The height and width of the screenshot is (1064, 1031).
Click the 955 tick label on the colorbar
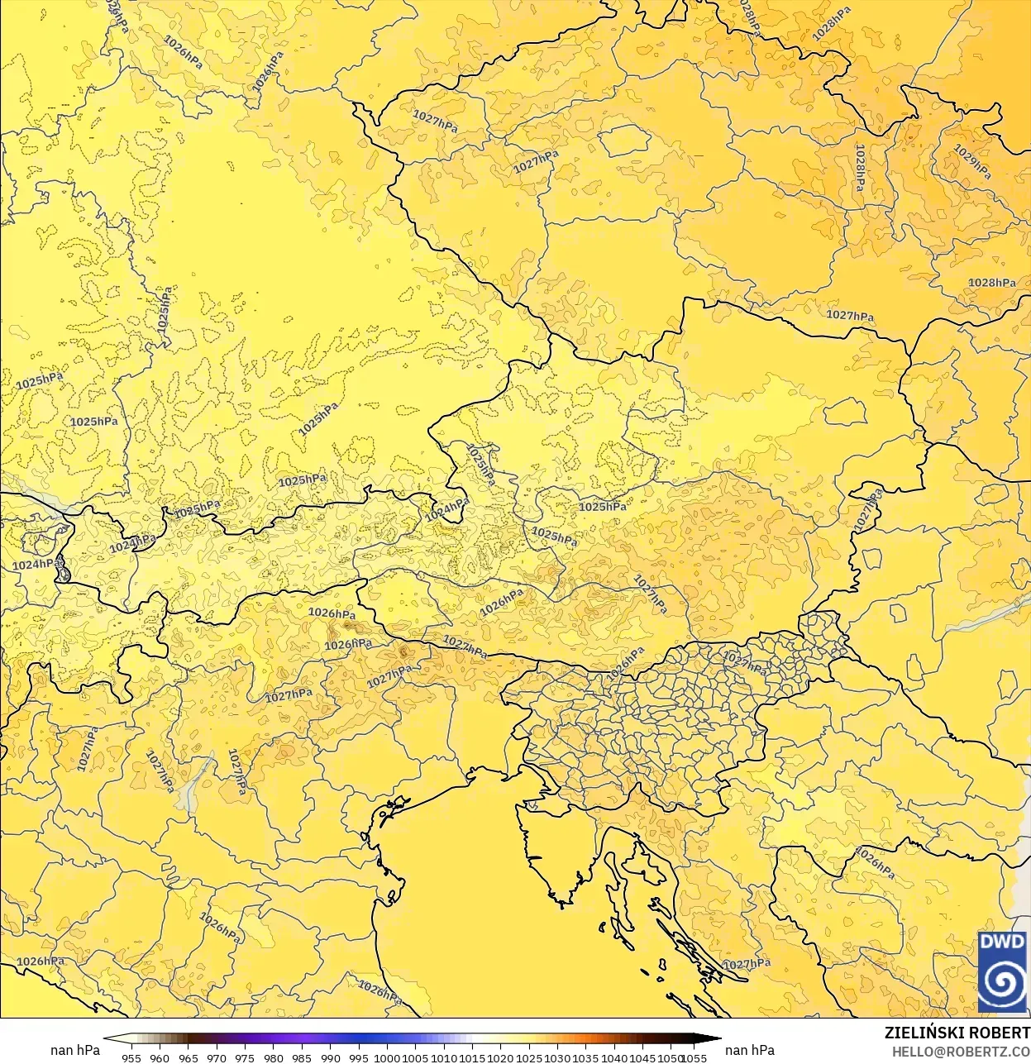coord(131,1057)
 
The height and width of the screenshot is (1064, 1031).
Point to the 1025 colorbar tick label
coord(529,1057)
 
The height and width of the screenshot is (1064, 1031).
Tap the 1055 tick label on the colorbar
coord(694,1057)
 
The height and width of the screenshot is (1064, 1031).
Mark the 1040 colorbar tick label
coord(614,1057)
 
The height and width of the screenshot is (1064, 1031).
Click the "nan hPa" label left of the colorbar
coord(75,1050)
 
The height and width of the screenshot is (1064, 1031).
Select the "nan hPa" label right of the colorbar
coord(750,1050)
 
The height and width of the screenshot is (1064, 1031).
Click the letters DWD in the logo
coord(1001,942)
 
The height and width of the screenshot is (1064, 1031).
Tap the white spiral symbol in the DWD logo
coord(1001,984)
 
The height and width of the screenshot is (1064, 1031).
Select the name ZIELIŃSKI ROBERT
coord(957,1033)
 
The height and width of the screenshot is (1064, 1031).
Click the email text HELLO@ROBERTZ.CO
coord(961,1052)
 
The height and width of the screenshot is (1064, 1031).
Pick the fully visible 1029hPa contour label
coord(972,162)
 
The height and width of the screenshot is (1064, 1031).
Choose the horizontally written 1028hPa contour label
coord(992,283)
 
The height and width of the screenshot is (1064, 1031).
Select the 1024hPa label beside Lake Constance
coord(36,565)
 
